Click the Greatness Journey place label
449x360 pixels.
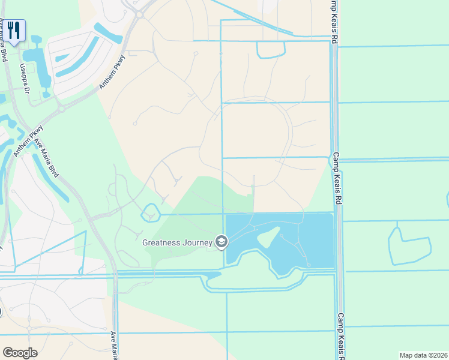[x=177, y=242]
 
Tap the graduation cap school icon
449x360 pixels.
[x=221, y=242]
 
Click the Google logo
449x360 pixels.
[x=20, y=353]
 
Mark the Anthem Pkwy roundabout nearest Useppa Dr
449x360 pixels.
[x=61, y=109]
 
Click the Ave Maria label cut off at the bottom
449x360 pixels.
[x=113, y=345]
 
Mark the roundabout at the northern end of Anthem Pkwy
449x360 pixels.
[x=137, y=14]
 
